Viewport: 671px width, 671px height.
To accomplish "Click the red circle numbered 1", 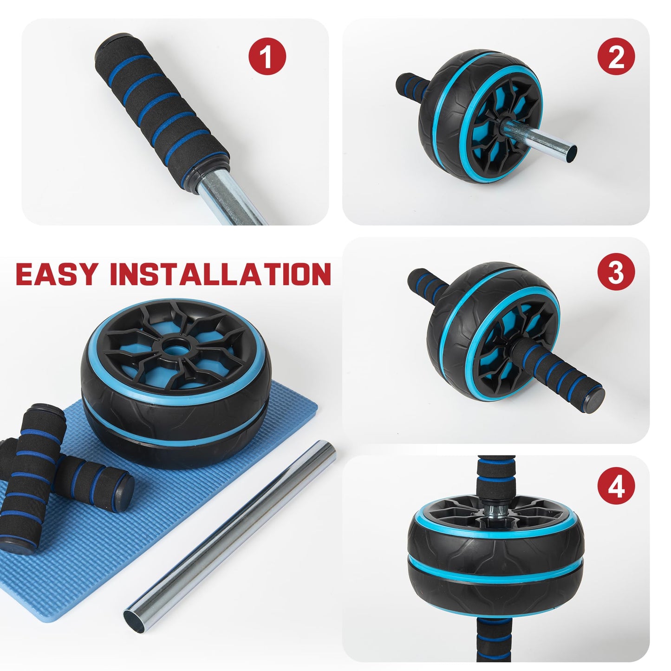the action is click(267, 57).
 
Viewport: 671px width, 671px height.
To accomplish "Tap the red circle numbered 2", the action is click(616, 57).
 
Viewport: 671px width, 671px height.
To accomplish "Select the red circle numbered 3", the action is click(616, 272).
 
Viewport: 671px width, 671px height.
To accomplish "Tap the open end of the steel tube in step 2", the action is click(570, 154).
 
